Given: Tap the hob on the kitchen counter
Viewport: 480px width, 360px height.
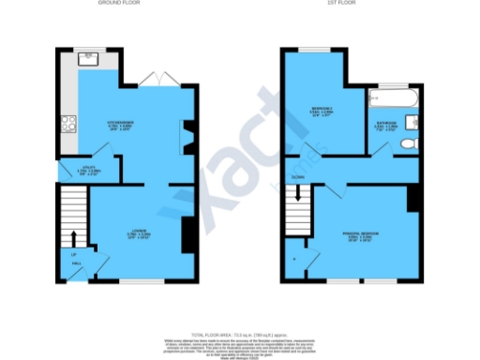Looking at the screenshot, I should [67, 122].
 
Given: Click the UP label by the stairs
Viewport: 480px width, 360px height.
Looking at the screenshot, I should [72, 253].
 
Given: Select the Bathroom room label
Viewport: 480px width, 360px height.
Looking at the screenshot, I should [387, 125].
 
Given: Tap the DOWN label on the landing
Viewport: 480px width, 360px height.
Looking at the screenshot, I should [297, 175].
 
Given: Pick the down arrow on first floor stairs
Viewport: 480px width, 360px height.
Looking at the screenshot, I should [299, 195].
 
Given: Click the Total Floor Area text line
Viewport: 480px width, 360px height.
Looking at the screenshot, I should [239, 335].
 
